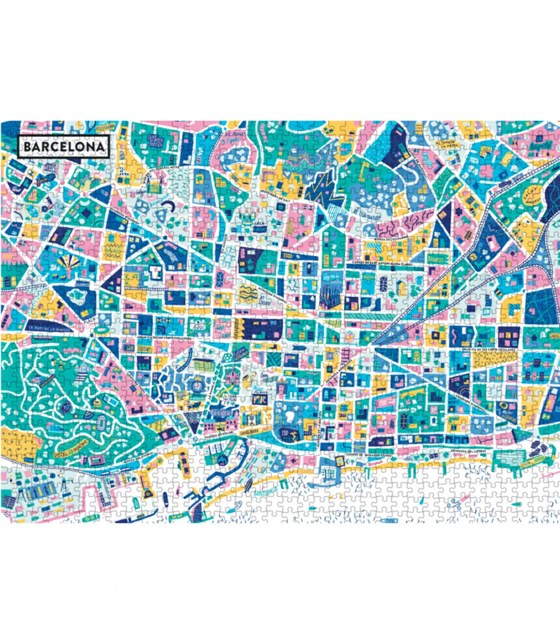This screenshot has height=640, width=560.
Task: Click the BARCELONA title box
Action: [x=63, y=146]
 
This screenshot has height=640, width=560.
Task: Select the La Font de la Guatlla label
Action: [x=50, y=328]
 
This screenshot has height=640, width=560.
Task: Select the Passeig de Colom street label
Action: [x=219, y=437]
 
